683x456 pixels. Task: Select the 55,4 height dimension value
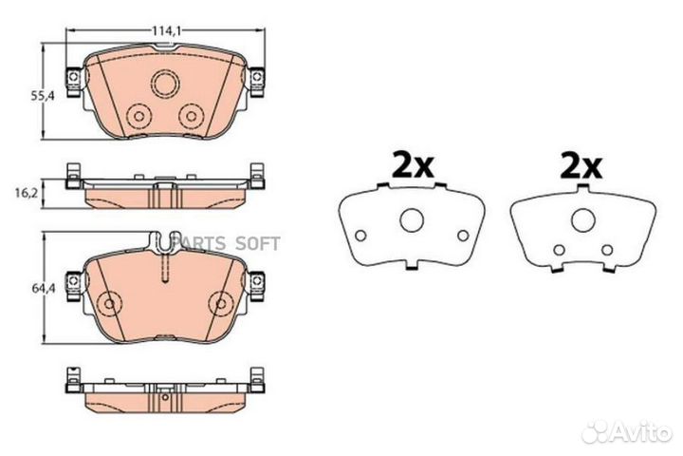tap(43, 96)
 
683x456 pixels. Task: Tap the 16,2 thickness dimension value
tap(26, 193)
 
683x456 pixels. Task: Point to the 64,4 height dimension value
tap(43, 289)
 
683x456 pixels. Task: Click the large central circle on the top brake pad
tap(165, 84)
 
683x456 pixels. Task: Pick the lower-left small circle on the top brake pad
tap(138, 116)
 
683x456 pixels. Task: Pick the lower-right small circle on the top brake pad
tap(192, 116)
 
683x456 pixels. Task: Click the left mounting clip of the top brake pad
tap(74, 81)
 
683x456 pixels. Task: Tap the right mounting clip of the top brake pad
tap(256, 81)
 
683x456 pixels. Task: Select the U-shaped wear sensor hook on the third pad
tap(165, 241)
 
